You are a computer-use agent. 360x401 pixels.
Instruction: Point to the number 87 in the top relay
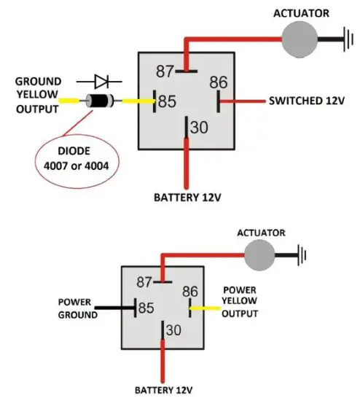[x=166, y=71]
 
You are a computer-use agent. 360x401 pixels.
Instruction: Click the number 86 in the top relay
[x=219, y=81]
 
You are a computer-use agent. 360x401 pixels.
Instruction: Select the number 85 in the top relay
[x=168, y=101]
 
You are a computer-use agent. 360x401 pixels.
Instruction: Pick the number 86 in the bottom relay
[x=189, y=291]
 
